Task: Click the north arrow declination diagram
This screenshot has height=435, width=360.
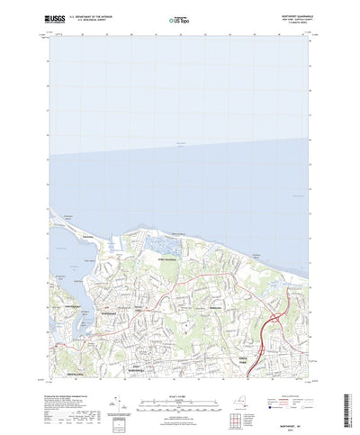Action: [x=114, y=386]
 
